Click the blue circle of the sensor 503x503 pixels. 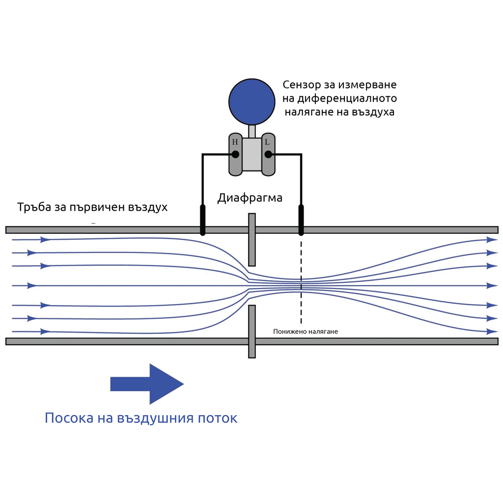(x=251, y=101)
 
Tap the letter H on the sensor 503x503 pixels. (x=235, y=142)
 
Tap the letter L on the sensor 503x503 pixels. (x=267, y=142)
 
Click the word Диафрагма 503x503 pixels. (x=250, y=198)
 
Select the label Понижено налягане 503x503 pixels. (x=306, y=332)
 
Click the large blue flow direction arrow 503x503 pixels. (x=147, y=384)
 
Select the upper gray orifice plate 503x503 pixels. (x=252, y=240)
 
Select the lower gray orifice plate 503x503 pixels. (x=252, y=331)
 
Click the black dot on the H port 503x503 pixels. (x=235, y=154)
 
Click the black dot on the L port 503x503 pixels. (x=268, y=154)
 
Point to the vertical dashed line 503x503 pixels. (x=301, y=285)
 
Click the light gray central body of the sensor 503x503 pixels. (x=251, y=154)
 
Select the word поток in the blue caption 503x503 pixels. (x=218, y=418)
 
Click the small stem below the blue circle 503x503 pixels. (x=252, y=131)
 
